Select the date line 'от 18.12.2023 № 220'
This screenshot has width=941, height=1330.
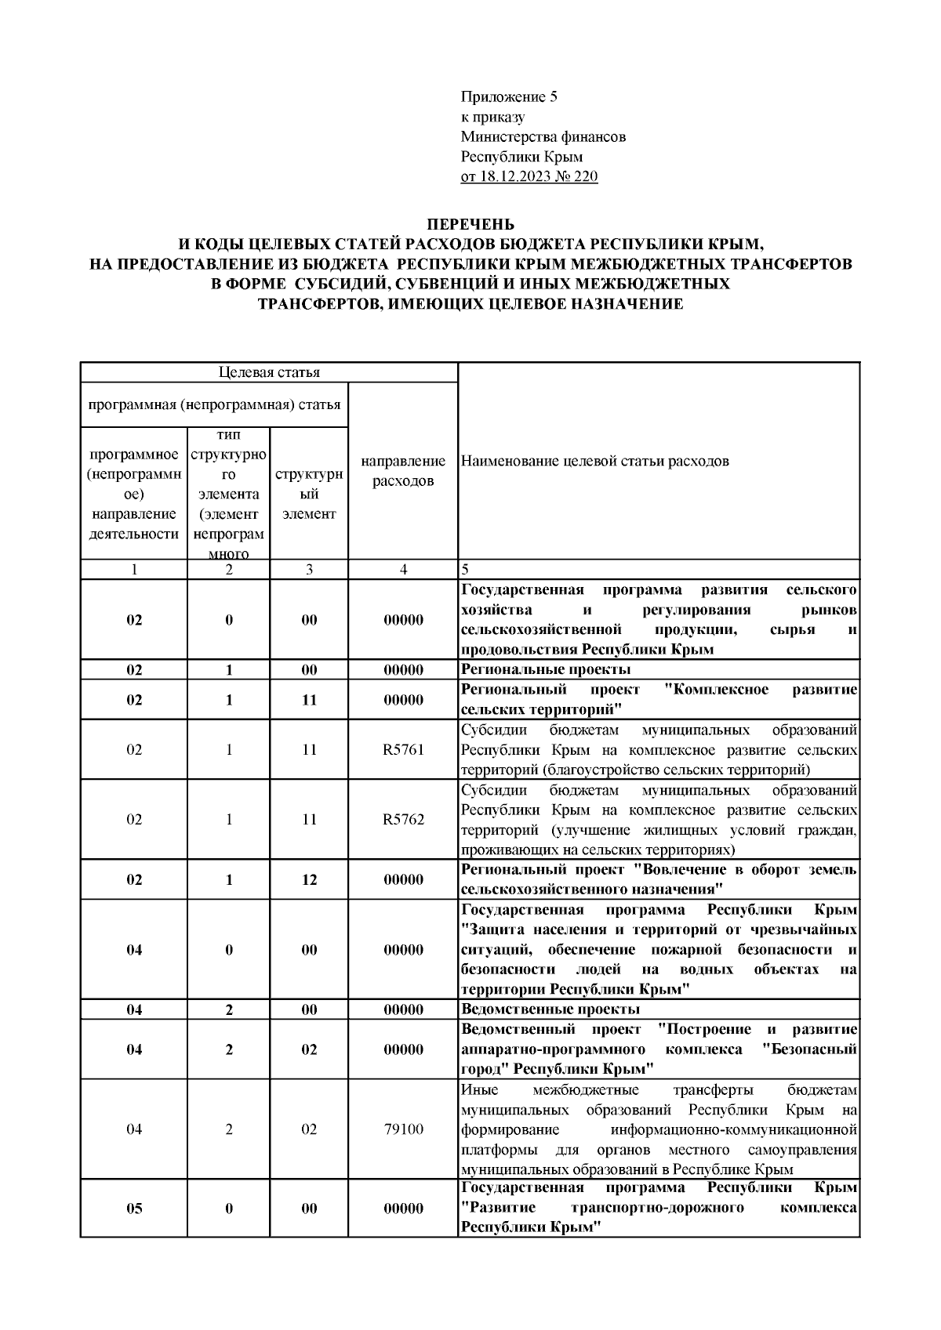point(529,176)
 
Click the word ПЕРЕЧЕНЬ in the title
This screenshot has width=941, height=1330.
point(470,224)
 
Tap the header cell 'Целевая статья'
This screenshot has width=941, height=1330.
point(269,372)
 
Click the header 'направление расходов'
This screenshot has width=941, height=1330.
point(403,471)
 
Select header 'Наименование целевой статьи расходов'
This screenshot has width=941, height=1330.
point(595,461)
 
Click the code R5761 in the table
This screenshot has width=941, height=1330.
point(403,749)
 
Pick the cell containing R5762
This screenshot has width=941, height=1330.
point(403,820)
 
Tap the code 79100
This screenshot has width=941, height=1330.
point(403,1129)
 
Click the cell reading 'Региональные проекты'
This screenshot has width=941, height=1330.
point(546,669)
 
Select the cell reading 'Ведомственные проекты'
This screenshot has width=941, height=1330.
point(550,1009)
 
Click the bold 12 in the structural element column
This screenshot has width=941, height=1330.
point(309,879)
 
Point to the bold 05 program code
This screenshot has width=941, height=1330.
point(134,1209)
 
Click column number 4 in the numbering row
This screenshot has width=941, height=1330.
point(403,570)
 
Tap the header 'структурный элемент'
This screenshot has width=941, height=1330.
point(309,495)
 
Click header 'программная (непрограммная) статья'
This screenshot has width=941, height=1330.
point(214,405)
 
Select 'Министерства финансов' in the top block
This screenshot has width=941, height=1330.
point(543,137)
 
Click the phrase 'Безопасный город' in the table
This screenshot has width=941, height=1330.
point(808,1049)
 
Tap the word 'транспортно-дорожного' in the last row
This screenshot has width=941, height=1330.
point(658,1208)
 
